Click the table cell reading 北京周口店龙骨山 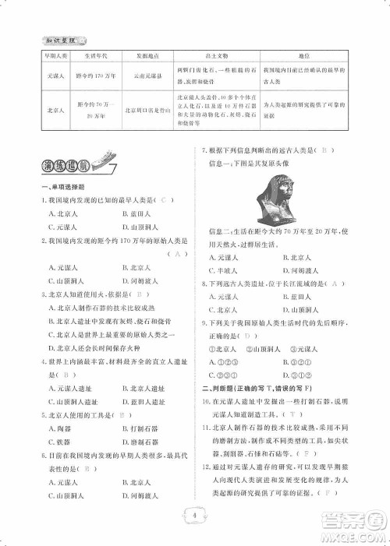pos(146,111)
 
